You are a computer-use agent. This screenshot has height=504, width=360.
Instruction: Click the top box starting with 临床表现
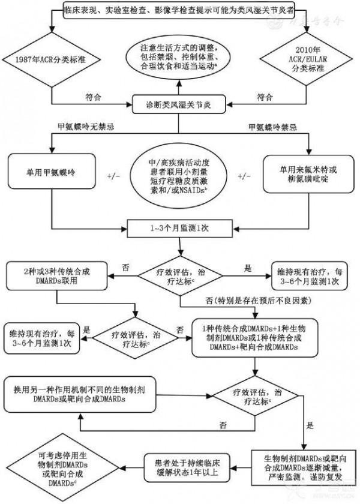(x=179, y=10)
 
